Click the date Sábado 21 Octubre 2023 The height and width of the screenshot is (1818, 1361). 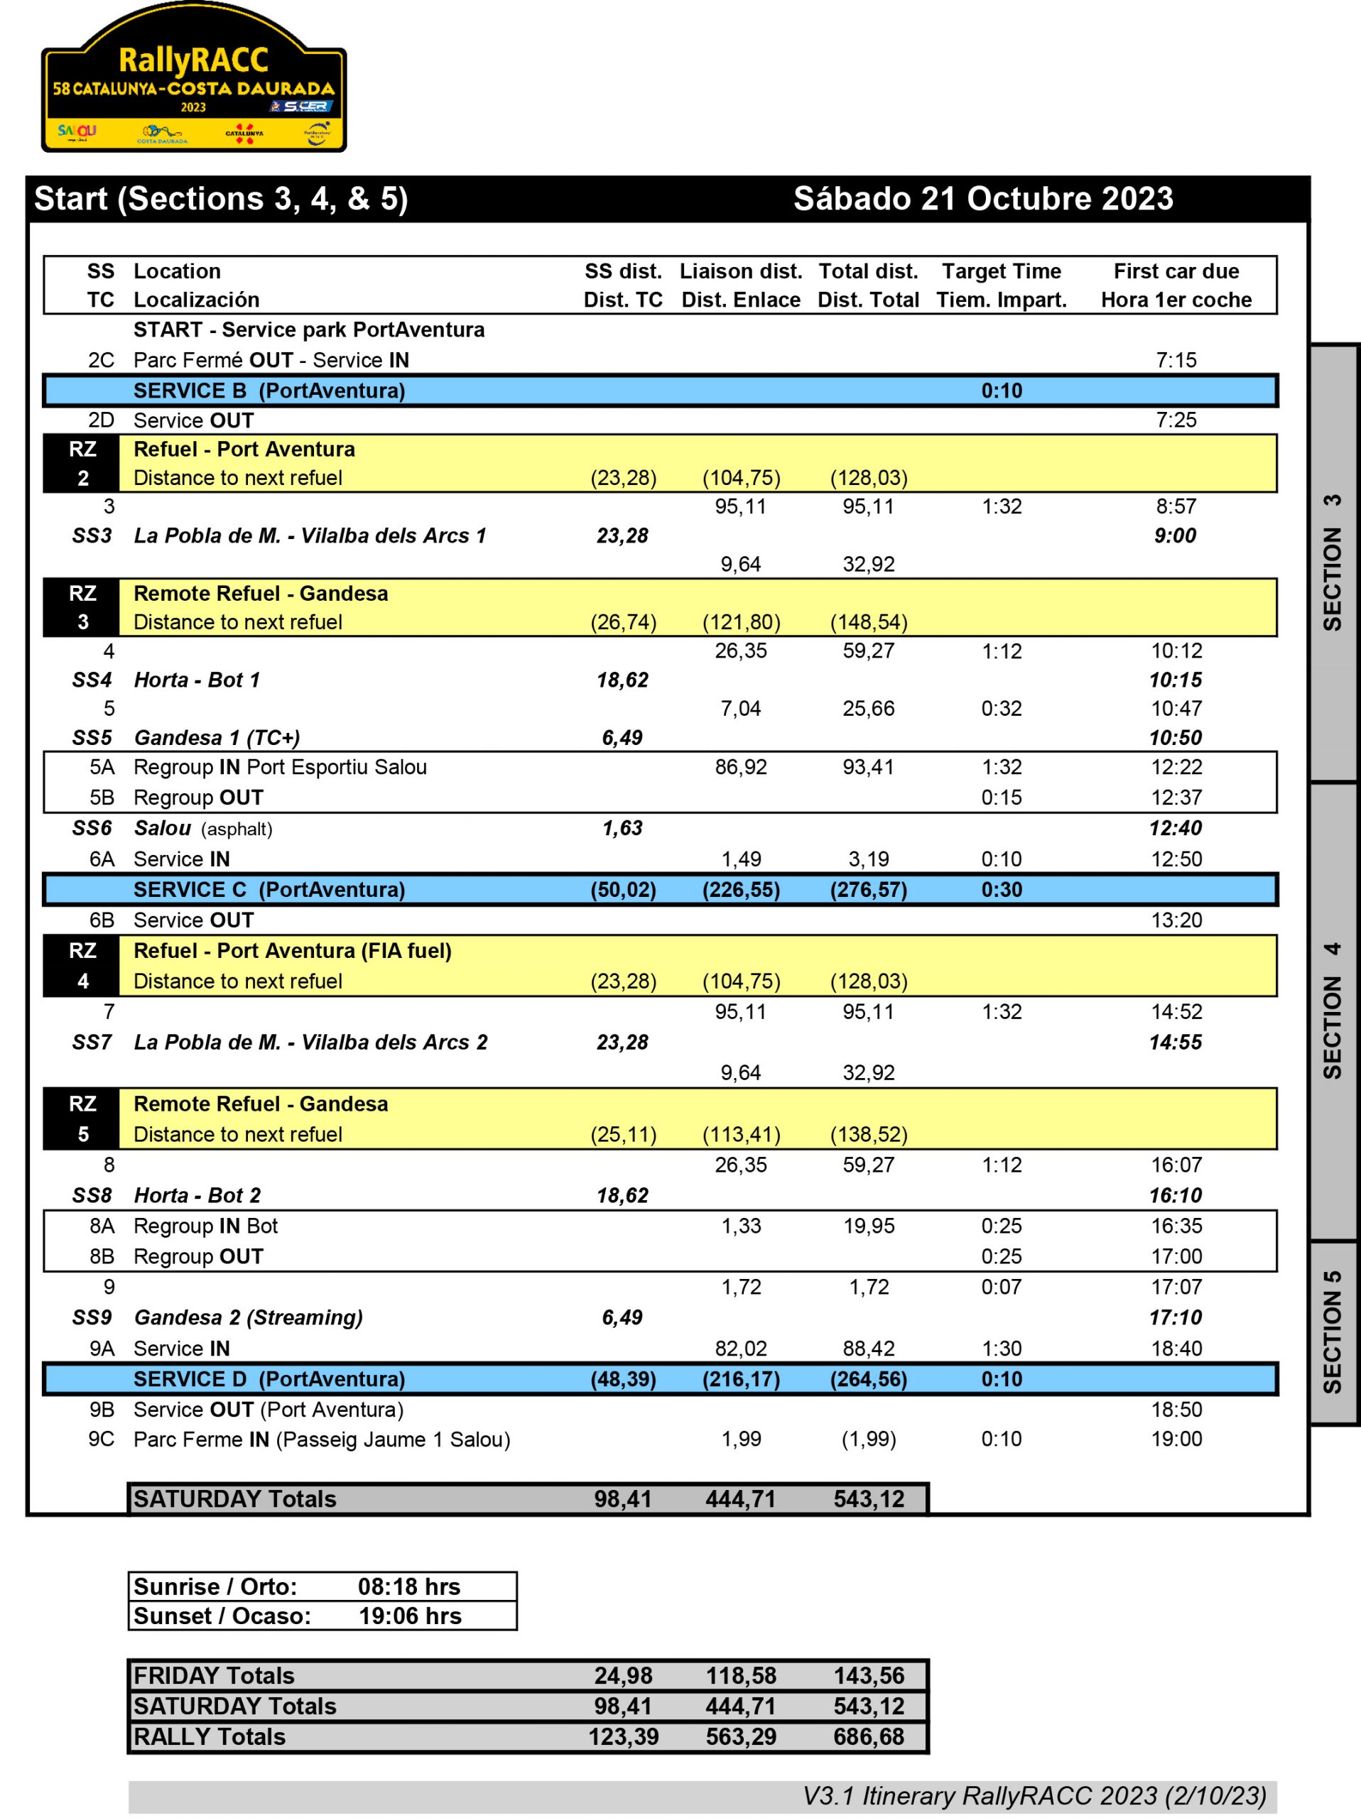[983, 199]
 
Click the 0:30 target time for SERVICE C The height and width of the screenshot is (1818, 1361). [1001, 889]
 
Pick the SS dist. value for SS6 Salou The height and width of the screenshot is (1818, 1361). [622, 827]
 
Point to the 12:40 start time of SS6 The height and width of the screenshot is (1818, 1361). [1176, 827]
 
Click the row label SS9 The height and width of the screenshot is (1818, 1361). [92, 1317]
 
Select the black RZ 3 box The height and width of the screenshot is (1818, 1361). [82, 607]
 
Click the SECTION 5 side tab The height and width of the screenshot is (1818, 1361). [1333, 1332]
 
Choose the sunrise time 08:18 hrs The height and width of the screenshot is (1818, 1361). [408, 1586]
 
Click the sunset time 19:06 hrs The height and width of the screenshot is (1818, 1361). [409, 1616]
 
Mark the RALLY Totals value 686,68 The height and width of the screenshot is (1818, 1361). [869, 1736]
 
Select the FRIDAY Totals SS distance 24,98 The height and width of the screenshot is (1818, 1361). [623, 1676]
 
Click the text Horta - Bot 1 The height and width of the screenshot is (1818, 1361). [197, 680]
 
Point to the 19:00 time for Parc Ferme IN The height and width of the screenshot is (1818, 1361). [1176, 1439]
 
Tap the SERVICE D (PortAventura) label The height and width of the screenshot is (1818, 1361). [269, 1379]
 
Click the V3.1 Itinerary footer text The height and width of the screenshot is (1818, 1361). [1034, 1796]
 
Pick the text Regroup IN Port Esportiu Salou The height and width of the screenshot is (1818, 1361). [281, 767]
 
